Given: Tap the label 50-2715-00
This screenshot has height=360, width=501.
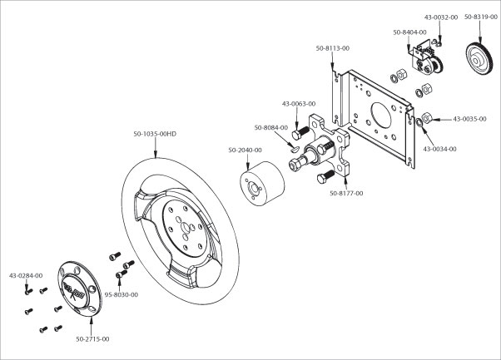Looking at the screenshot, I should click(x=93, y=338).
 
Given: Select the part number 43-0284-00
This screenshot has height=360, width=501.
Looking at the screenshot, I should click(x=26, y=275).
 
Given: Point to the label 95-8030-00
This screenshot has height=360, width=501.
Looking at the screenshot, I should click(x=121, y=294).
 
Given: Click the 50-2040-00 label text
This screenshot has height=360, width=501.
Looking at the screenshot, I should click(x=245, y=150).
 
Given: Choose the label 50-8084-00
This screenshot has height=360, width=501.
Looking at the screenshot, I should click(x=271, y=128).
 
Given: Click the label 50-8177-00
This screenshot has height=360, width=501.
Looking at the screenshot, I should click(x=346, y=194).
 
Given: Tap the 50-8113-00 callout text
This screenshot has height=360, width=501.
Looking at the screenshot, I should click(x=333, y=49).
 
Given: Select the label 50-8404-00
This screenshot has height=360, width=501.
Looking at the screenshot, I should click(x=409, y=32).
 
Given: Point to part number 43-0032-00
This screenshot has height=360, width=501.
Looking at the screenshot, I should click(x=441, y=17).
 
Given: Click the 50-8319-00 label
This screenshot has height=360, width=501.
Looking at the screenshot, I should click(x=481, y=17).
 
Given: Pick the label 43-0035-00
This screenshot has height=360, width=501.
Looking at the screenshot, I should click(x=470, y=119).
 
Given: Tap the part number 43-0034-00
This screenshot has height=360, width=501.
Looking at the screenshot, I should click(x=440, y=149).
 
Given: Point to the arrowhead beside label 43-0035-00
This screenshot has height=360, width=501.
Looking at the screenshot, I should click(x=432, y=119).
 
